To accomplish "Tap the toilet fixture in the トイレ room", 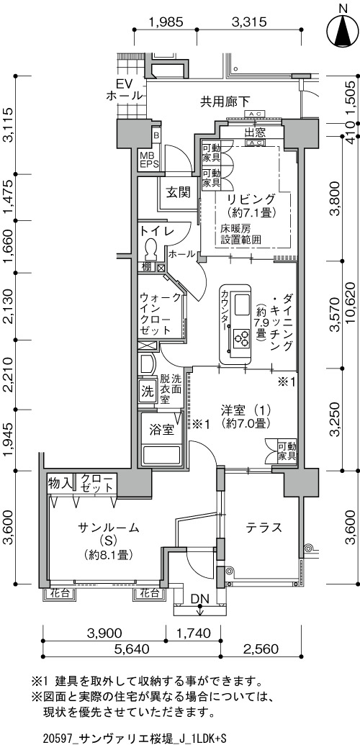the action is (151, 248).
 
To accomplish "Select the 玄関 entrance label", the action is (179, 192).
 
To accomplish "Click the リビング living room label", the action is (251, 198).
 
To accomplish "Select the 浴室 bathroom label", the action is (161, 430).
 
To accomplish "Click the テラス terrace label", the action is (264, 528).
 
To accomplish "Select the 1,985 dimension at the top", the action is (166, 22).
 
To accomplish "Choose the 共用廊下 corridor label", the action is (225, 101).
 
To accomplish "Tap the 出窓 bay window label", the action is (255, 132).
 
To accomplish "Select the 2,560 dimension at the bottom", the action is (261, 649).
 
